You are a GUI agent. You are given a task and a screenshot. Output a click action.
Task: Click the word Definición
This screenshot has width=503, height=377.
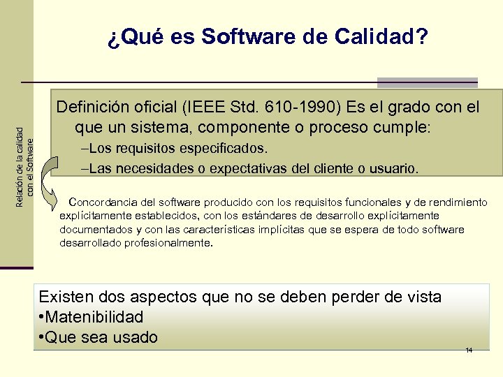pyautogui.click(x=94, y=109)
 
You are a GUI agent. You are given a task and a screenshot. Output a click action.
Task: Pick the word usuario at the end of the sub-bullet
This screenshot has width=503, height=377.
pyautogui.click(x=395, y=168)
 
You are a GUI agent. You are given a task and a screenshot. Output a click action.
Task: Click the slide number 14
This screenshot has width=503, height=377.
pyautogui.click(x=469, y=350)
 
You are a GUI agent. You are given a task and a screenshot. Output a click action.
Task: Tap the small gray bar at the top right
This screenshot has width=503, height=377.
pyautogui.click(x=427, y=82)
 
